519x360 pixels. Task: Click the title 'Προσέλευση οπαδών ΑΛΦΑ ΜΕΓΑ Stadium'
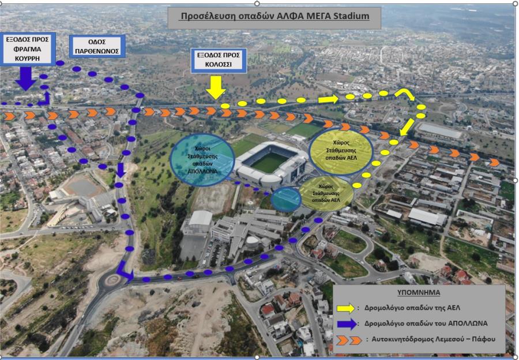click(274, 16)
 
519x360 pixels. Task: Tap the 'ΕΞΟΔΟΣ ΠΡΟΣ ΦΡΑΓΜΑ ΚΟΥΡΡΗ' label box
click(28, 48)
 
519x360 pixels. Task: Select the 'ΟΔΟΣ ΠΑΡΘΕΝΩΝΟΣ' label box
click(97, 46)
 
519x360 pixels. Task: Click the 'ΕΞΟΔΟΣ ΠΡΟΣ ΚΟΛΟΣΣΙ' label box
click(219, 60)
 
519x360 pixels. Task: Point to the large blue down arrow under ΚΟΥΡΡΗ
click(25, 79)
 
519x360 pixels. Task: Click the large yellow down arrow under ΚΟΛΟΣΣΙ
click(216, 88)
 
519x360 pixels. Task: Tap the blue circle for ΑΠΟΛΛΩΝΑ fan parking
click(202, 160)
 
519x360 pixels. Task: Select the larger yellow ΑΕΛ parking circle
click(341, 151)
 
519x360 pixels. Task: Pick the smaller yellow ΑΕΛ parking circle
click(326, 193)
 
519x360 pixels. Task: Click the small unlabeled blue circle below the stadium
click(286, 200)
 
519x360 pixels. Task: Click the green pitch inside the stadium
click(270, 162)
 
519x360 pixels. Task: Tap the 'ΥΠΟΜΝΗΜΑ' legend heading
click(419, 292)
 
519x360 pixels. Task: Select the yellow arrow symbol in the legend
click(345, 308)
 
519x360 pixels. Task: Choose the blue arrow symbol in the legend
click(347, 324)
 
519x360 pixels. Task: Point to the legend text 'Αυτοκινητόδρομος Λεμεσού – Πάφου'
click(433, 339)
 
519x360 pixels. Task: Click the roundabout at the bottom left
click(112, 280)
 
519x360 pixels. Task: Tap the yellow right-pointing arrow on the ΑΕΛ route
click(328, 99)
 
